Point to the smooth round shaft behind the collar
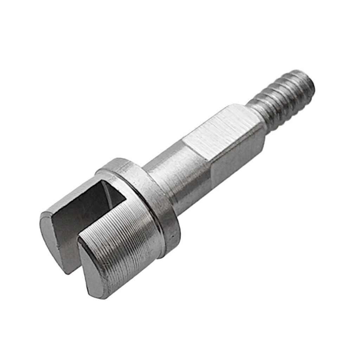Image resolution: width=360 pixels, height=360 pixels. (179, 179)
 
